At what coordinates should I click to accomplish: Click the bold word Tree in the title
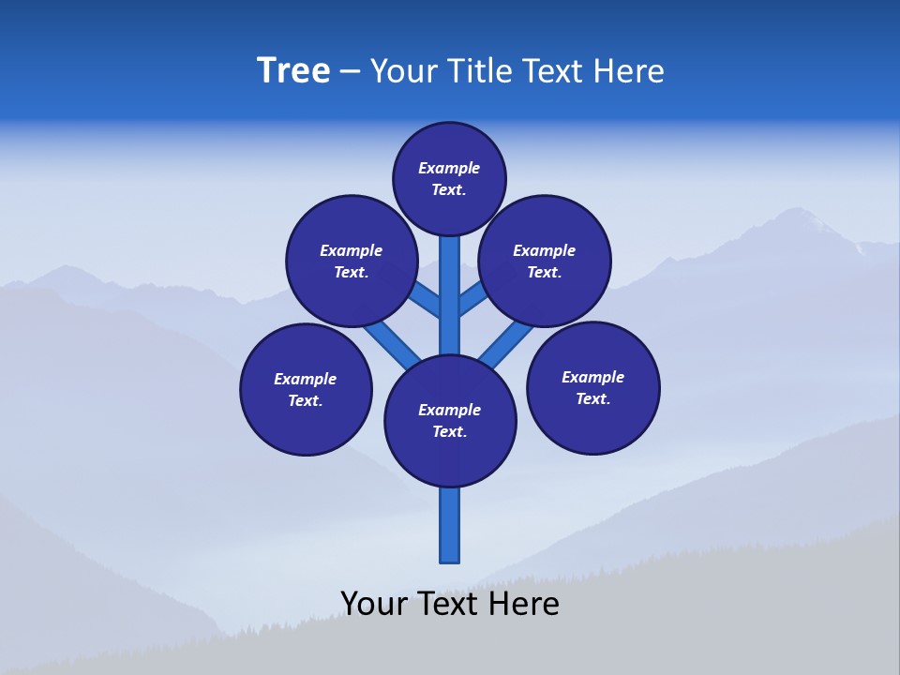pos(293,70)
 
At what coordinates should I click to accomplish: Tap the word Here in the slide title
pos(629,70)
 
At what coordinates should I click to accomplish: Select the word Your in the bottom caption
pos(374,603)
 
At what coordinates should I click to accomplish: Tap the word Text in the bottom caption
pos(449,603)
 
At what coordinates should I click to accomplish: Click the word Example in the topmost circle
pos(449,169)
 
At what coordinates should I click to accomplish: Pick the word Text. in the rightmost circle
pos(592,398)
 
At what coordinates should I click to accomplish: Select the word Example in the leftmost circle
pos(305,379)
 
